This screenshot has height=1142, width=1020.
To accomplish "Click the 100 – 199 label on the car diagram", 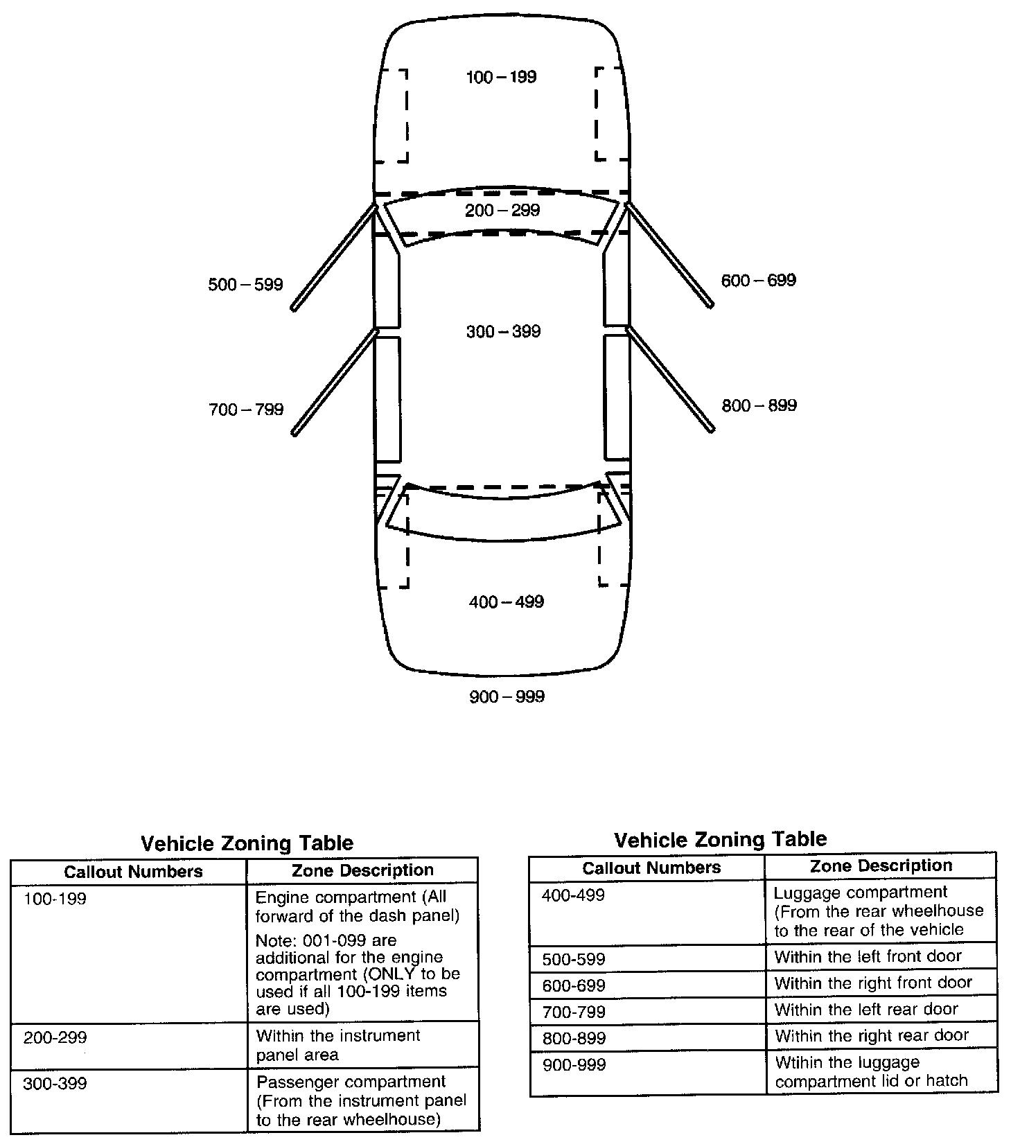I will pyautogui.click(x=501, y=77).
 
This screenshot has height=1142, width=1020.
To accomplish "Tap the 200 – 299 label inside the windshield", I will pyautogui.click(x=502, y=211).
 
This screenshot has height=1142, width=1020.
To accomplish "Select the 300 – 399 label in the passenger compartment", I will pyautogui.click(x=503, y=332).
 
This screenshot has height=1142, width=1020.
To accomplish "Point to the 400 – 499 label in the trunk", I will pyautogui.click(x=507, y=602).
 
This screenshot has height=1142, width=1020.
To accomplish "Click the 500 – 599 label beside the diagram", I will pyautogui.click(x=245, y=285).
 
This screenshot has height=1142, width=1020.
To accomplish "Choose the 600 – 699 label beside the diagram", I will pyautogui.click(x=759, y=281).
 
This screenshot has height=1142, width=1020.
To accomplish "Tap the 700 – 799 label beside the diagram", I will pyautogui.click(x=246, y=410).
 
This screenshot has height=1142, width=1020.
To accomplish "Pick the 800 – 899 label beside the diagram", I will pyautogui.click(x=759, y=406).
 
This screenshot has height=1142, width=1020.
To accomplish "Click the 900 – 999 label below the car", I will pyautogui.click(x=507, y=697).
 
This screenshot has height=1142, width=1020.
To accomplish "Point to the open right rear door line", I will pyautogui.click(x=670, y=379).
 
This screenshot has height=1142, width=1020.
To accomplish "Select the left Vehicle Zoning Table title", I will pyautogui.click(x=247, y=843).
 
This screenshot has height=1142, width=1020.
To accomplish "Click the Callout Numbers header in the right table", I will pyautogui.click(x=651, y=868).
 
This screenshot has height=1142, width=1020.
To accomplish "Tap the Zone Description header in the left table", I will pyautogui.click(x=362, y=870).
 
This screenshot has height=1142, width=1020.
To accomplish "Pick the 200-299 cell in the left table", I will pyautogui.click(x=55, y=1038).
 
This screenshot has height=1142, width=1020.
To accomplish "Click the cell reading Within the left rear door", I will pyautogui.click(x=866, y=1010).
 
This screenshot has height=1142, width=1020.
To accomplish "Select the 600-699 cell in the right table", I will pyautogui.click(x=574, y=985).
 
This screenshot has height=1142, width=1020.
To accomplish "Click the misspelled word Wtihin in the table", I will pyautogui.click(x=799, y=1062).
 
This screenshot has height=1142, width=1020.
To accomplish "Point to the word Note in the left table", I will pyautogui.click(x=272, y=940).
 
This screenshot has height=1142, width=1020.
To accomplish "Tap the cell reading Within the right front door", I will pyautogui.click(x=873, y=983).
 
